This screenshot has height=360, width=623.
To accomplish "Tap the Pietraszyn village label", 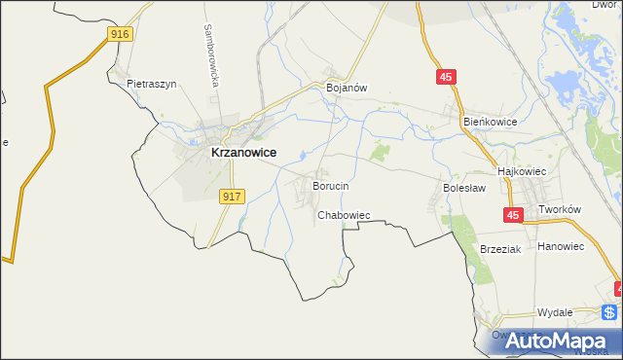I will pyautogui.click(x=151, y=85).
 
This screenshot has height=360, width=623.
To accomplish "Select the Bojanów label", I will pyautogui.click(x=346, y=88).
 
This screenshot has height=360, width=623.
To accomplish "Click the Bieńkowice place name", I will pyautogui.click(x=490, y=122).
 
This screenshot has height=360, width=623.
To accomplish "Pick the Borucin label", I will pyautogui.click(x=330, y=185).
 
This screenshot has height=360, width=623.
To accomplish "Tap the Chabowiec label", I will pyautogui.click(x=344, y=215).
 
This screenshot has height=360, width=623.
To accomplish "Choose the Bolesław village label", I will pyautogui.click(x=464, y=187).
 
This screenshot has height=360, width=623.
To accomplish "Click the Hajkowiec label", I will pyautogui.click(x=524, y=170).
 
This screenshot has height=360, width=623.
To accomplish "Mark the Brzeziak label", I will pyautogui.click(x=501, y=249).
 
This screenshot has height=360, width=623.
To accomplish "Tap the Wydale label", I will pyautogui.click(x=555, y=312).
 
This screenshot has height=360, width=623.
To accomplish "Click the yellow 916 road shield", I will pyautogui.click(x=120, y=33).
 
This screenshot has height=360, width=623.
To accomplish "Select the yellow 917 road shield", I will pyautogui.click(x=231, y=197).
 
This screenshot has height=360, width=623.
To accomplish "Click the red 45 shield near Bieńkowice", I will pyautogui.click(x=446, y=77).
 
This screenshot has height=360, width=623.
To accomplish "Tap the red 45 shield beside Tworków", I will pyautogui.click(x=513, y=214).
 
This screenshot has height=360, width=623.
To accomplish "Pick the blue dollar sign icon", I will pyautogui.click(x=609, y=312).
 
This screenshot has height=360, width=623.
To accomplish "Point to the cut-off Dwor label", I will pyautogui.click(x=605, y=5).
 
